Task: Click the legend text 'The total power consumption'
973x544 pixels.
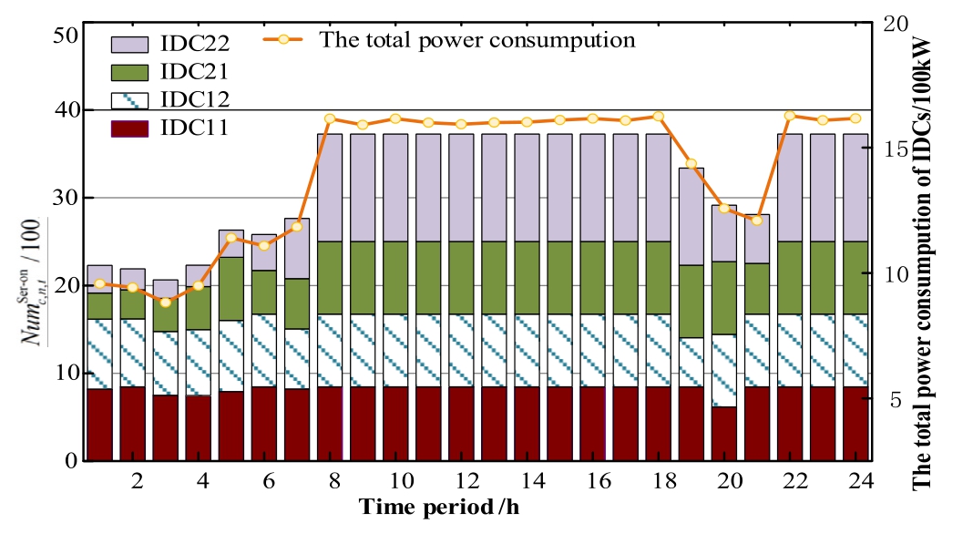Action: coord(476,40)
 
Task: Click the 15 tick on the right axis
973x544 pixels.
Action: coord(896,149)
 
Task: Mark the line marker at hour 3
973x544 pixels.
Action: coord(165,302)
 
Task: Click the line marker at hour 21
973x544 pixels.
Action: coord(756,221)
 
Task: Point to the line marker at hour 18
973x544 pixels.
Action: coord(658,117)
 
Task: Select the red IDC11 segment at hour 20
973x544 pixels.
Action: coord(723,434)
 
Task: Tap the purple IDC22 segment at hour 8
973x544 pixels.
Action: coord(330,188)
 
